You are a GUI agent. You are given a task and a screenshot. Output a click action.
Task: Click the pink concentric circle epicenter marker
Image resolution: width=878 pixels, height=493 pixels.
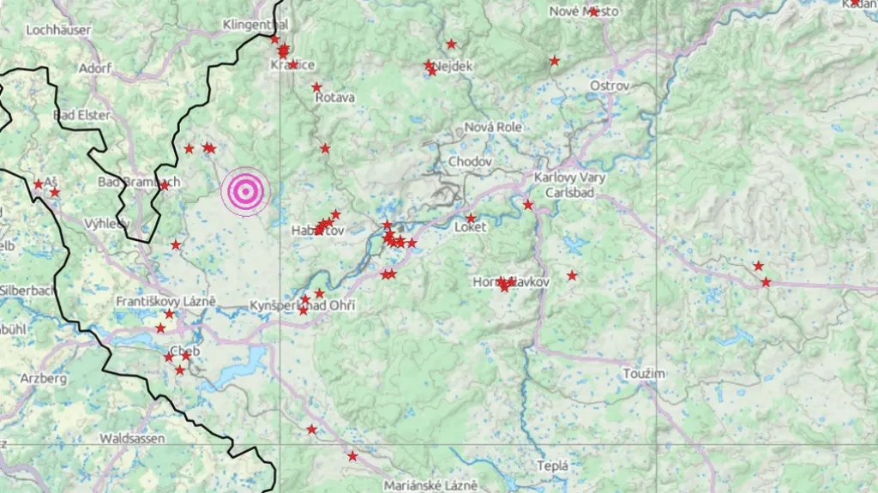click(244, 191)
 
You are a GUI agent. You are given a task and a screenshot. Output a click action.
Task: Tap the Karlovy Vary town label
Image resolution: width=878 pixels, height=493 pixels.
click(569, 178)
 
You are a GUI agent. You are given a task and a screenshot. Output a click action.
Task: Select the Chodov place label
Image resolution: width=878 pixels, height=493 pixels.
click(470, 162)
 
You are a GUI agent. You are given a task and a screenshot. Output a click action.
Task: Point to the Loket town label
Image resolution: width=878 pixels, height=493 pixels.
click(470, 228)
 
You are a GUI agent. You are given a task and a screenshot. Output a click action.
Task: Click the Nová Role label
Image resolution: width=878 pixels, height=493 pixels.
click(493, 127)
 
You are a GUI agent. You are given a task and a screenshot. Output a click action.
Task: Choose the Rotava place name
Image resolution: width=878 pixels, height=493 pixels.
click(334, 98)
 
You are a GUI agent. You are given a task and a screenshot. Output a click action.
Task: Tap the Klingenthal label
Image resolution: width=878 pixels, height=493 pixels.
click(256, 24)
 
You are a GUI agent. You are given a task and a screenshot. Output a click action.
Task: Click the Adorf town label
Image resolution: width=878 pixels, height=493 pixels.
click(94, 68)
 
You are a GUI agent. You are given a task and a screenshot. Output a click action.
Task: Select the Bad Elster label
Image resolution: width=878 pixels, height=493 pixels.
click(81, 115)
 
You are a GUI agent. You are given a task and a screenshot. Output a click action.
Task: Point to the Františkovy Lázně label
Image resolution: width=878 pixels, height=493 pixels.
click(165, 302)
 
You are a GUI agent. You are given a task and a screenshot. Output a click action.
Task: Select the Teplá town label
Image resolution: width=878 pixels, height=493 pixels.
click(552, 466)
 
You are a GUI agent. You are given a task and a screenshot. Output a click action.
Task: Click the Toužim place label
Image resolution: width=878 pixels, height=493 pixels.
click(645, 374)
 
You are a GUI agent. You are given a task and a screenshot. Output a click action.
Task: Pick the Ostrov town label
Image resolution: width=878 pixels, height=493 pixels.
click(610, 87)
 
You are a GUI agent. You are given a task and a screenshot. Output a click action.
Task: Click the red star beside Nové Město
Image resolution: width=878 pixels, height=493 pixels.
click(593, 12)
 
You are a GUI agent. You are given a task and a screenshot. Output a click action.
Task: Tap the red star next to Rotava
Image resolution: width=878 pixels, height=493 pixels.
click(316, 87)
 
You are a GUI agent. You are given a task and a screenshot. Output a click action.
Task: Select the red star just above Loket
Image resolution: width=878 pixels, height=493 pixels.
click(470, 218)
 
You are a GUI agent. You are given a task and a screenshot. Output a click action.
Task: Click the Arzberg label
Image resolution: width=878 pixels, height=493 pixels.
click(43, 378)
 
